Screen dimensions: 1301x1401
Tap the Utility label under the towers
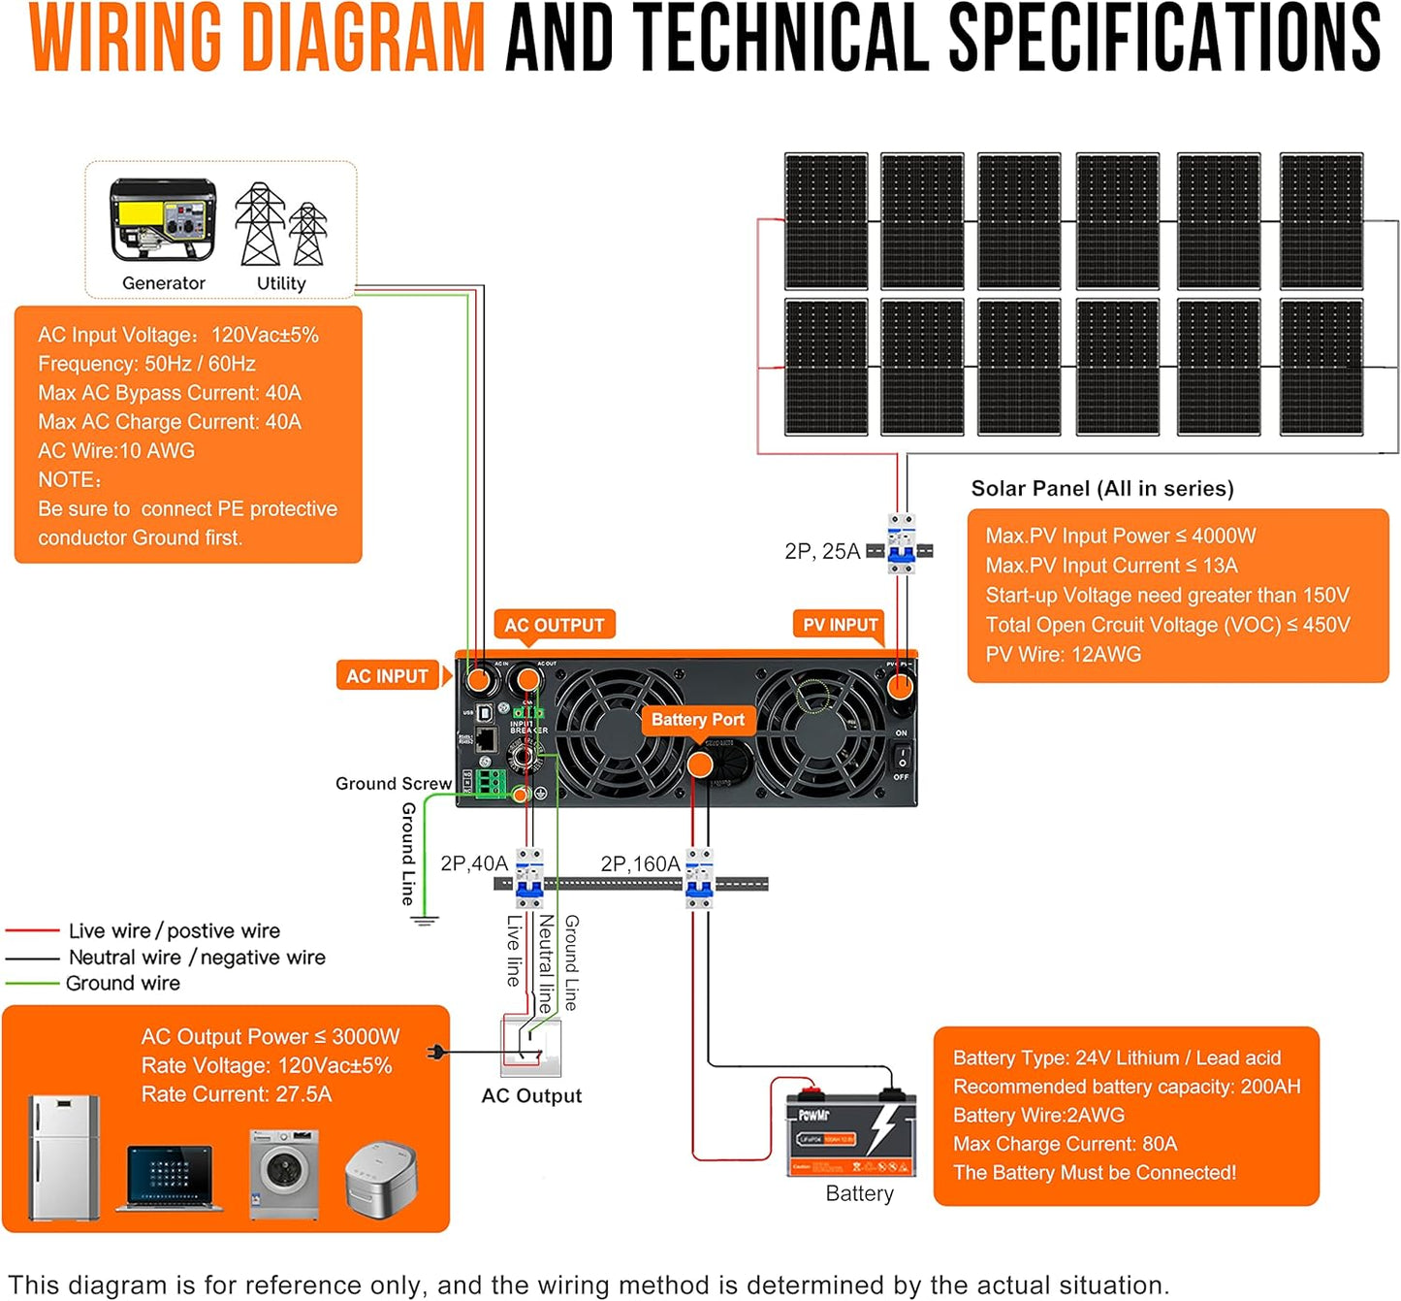tap(281, 283)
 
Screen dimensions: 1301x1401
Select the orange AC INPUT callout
tap(387, 676)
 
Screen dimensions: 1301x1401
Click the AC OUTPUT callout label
tap(554, 626)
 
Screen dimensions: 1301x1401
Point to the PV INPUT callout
tap(840, 626)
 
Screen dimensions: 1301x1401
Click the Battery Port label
tap(697, 720)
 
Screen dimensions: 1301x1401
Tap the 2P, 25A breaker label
tap(822, 551)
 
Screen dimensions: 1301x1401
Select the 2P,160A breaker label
tap(640, 863)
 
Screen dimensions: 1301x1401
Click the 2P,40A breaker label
tap(474, 863)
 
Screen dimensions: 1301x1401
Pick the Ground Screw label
tap(393, 783)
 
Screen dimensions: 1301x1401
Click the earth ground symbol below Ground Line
tap(424, 920)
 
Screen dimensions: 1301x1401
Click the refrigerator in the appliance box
tap(64, 1157)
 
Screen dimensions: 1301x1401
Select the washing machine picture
tap(283, 1174)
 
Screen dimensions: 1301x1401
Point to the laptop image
tap(170, 1178)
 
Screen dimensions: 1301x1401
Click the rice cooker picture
tap(381, 1179)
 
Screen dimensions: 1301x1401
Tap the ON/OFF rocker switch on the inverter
tap(901, 756)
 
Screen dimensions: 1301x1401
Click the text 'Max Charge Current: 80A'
tap(1065, 1144)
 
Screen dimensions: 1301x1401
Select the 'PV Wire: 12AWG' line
tap(1063, 655)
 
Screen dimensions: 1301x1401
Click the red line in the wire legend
tap(33, 930)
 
